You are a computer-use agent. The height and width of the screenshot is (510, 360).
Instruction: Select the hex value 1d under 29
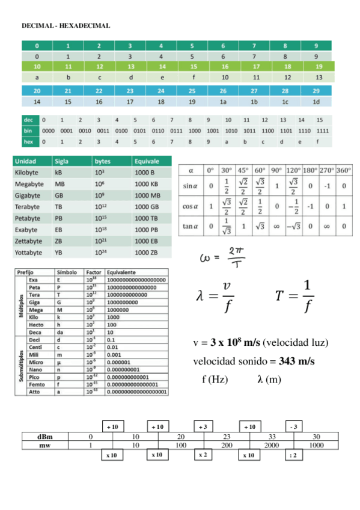coord(316,102)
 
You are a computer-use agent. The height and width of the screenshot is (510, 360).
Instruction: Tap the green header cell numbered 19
coord(319,67)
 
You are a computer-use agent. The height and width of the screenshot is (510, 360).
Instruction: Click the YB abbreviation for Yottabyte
coord(59,253)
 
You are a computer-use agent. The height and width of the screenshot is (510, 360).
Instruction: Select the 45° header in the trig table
coord(243,170)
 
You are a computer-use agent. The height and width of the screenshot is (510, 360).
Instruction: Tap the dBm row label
coord(44,437)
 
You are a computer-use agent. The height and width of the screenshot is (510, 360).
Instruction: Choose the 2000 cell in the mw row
coord(272,445)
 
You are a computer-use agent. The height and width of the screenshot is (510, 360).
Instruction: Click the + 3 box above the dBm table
coord(203,426)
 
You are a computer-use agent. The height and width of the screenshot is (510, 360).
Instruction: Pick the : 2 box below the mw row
coord(293,455)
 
